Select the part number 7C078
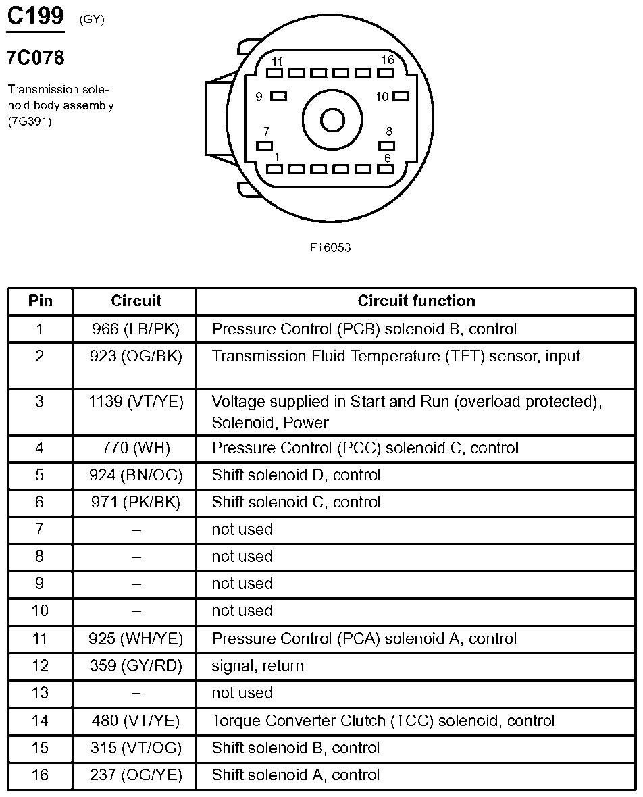pyautogui.click(x=35, y=58)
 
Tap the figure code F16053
pyautogui.click(x=330, y=247)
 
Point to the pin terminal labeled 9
pyautogui.click(x=278, y=97)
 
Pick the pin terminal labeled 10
pyautogui.click(x=401, y=97)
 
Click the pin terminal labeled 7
pyautogui.click(x=265, y=145)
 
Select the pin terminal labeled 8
pyautogui.click(x=387, y=145)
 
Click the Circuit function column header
pyautogui.click(x=416, y=301)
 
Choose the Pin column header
pyautogui.click(x=40, y=301)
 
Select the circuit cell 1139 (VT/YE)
pyautogui.click(x=136, y=401)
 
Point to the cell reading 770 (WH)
pyautogui.click(x=135, y=448)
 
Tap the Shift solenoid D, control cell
pyautogui.click(x=297, y=475)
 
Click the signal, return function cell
pyautogui.click(x=258, y=665)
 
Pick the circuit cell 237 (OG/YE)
pyautogui.click(x=136, y=775)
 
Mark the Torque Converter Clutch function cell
pyautogui.click(x=383, y=721)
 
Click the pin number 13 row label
pyautogui.click(x=40, y=693)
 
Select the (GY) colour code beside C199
pyautogui.click(x=92, y=20)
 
